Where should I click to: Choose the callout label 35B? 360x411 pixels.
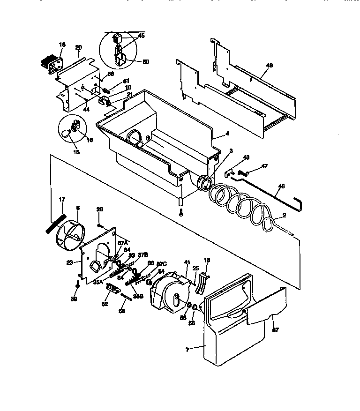(x=137, y=296)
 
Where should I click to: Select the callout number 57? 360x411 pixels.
(x=276, y=329)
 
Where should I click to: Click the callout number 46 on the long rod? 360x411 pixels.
(x=280, y=186)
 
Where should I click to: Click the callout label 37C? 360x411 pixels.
(x=162, y=264)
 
